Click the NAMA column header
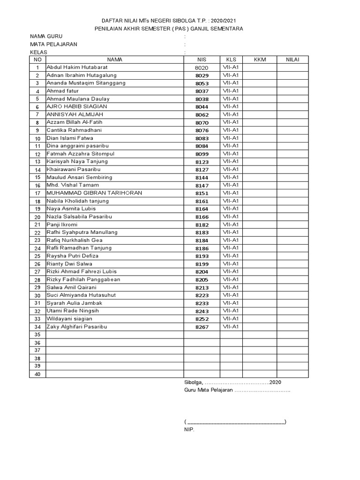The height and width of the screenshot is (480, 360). pos(114,60)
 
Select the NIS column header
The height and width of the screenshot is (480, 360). pos(202,60)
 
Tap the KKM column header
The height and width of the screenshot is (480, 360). pos(260,60)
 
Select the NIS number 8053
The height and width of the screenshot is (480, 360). pos(202,83)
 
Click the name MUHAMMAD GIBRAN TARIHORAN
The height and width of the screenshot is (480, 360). pos(94,193)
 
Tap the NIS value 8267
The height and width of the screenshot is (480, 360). pos(202,327)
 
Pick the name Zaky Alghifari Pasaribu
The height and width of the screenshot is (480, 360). pos(77,327)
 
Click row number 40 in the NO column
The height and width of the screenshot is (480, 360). pos(37,374)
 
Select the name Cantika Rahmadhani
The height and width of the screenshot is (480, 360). pos(74,130)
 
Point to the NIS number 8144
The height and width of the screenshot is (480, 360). pos(202,178)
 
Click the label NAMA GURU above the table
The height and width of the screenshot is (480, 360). pos(46,36)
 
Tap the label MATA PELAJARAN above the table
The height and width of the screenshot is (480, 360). pos(54,44)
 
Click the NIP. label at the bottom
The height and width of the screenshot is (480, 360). pos(189,429)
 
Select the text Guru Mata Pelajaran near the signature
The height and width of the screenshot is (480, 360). pos(209,390)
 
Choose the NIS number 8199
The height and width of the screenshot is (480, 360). pos(202,264)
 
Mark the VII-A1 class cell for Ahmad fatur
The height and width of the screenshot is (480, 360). pos(231,91)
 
